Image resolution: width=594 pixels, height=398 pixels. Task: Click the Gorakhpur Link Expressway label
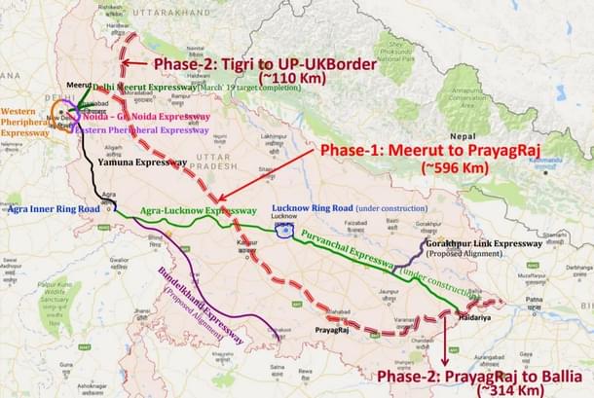point(483,243)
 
